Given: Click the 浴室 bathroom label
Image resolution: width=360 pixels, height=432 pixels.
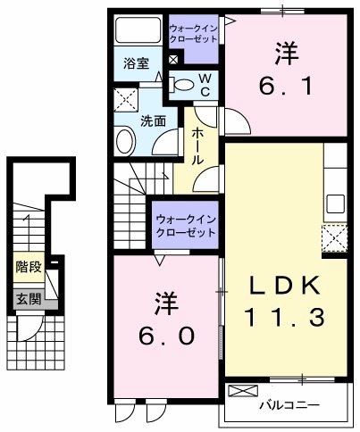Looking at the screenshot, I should point(136,63).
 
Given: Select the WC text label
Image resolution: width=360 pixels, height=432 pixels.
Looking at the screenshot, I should point(205,85).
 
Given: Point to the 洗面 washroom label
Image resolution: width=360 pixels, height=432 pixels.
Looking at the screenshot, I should point(152,120).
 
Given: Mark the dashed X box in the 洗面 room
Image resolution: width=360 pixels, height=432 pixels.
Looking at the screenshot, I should point(124,97).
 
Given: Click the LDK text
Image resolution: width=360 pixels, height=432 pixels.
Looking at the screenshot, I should point(283,285).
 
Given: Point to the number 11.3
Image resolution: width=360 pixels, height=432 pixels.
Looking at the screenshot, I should point(283,316).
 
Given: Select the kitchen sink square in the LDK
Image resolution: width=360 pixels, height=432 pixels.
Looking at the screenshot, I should point(335,202).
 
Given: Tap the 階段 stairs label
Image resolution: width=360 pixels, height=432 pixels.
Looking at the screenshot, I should point(28,266).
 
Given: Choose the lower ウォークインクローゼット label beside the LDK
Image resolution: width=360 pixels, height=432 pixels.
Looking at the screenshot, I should point(186,225).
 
